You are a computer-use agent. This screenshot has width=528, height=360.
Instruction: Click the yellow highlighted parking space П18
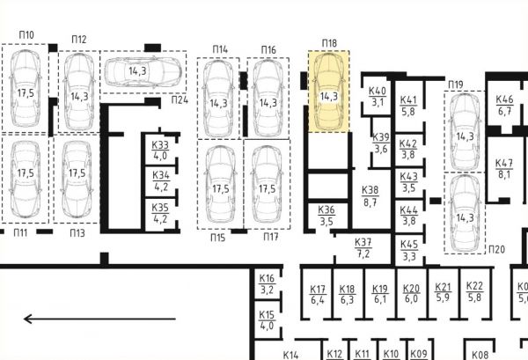tap(328, 92)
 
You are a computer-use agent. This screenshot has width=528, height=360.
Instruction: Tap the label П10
tap(26, 34)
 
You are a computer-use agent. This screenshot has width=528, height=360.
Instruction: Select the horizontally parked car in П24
tap(143, 71)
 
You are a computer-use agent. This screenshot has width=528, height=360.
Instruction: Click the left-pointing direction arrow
tap(99, 319)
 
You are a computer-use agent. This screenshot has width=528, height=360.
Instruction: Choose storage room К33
tap(160, 151)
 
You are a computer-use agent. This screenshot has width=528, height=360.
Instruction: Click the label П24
tap(180, 100)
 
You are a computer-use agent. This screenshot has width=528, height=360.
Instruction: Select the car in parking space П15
tap(220, 185)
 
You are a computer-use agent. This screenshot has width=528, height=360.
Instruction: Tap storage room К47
tap(504, 168)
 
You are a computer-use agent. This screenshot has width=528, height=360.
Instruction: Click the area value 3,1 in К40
tap(378, 102)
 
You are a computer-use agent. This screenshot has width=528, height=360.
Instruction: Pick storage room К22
tap(475, 292)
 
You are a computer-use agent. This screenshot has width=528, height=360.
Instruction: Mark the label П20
tap(496, 250)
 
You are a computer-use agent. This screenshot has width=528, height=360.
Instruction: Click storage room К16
tap(268, 283)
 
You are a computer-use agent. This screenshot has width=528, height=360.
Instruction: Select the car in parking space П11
tap(26, 179)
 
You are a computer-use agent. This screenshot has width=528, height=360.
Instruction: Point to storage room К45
tap(409, 250)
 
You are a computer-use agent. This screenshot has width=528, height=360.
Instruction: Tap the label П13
tap(77, 233)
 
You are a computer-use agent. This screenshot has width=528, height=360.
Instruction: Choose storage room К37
tap(363, 248)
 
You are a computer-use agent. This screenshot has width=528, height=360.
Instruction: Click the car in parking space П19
tap(465, 131)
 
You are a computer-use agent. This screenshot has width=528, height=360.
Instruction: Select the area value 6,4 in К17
tap(318, 299)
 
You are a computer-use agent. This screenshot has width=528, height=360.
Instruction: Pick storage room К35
tap(160, 214)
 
